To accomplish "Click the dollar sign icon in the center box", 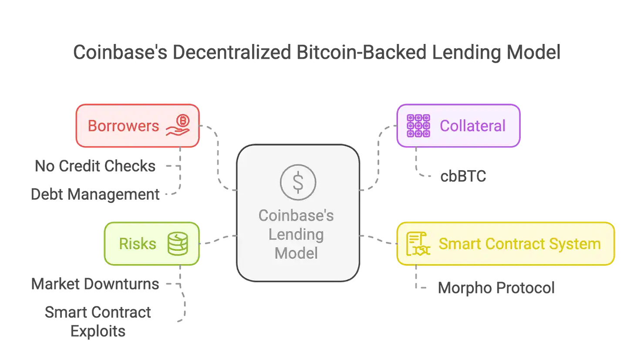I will click(x=298, y=182).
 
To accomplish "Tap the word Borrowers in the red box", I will click(x=123, y=126).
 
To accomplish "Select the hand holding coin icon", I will click(x=178, y=126).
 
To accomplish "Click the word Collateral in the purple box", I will click(x=472, y=126).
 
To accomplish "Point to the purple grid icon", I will click(x=418, y=126).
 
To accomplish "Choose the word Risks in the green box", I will click(x=138, y=244).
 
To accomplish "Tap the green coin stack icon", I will click(x=178, y=244).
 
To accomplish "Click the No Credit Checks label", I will click(x=95, y=166).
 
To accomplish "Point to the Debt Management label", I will click(x=94, y=194).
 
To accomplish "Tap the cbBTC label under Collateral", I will click(x=463, y=177).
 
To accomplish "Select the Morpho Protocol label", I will click(x=496, y=288).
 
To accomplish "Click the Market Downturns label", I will click(x=95, y=284).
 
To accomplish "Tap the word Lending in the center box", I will click(x=296, y=234).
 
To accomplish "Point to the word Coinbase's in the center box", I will click(x=296, y=215).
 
